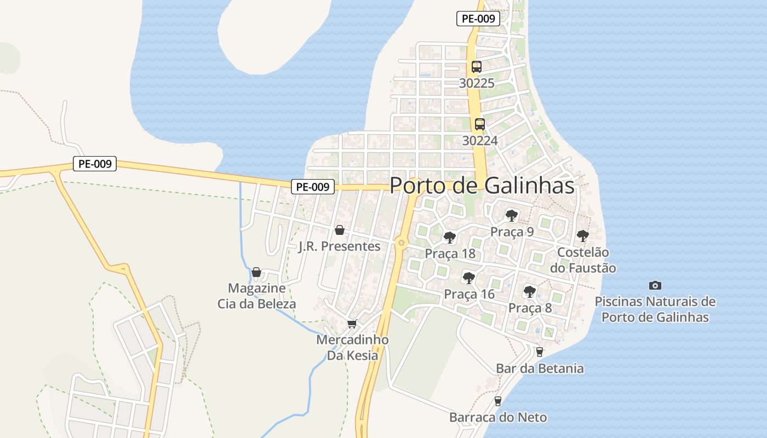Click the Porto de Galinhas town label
(x=482, y=186)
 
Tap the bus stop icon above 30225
(x=477, y=67)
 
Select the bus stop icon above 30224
(x=480, y=124)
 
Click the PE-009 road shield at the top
(x=478, y=19)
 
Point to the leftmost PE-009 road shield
(x=95, y=164)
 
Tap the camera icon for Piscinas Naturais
(x=655, y=285)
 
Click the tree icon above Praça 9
(x=512, y=216)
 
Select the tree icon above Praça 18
(x=450, y=238)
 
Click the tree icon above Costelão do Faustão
(x=583, y=237)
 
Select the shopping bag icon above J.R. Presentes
(x=340, y=230)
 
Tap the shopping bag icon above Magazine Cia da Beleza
(x=256, y=272)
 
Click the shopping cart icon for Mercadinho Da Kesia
(x=352, y=324)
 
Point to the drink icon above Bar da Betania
(x=540, y=352)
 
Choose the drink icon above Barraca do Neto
(x=498, y=401)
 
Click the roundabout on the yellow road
(x=402, y=243)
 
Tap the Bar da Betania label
(x=540, y=368)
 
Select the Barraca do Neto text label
(x=498, y=417)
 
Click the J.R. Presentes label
(x=340, y=246)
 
